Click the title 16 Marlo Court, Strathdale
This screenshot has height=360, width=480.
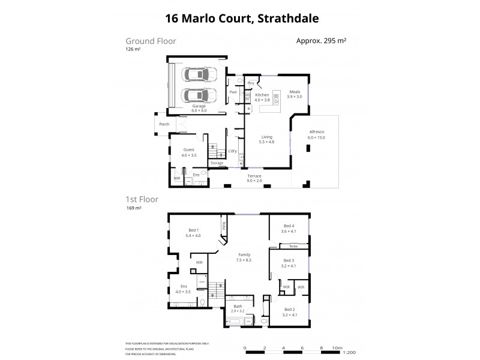[x=239, y=19]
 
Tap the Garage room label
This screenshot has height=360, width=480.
[x=199, y=106]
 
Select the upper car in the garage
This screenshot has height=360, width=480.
[x=199, y=76]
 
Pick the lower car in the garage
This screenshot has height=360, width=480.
[x=199, y=95]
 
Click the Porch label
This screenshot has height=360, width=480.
[x=164, y=124]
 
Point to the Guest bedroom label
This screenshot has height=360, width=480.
[x=188, y=150]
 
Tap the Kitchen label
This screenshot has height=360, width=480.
[x=262, y=95]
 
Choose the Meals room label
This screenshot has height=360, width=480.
[x=293, y=92]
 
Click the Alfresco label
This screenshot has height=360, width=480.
[x=316, y=134]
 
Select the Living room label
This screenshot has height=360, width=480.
[x=266, y=137]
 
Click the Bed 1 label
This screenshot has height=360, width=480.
[x=194, y=230]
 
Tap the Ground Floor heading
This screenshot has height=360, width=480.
[x=151, y=41]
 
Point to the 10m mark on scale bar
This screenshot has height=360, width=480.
[x=337, y=347]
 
